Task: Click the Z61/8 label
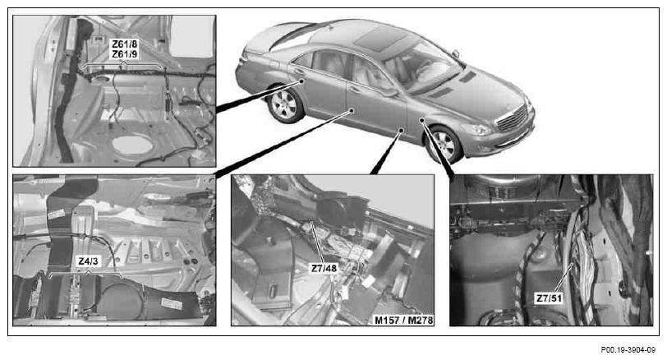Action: [124, 44]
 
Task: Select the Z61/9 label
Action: [124, 54]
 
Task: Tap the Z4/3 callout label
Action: [88, 261]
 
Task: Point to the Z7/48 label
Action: [324, 269]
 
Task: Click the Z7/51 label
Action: [549, 298]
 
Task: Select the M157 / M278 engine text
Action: [403, 320]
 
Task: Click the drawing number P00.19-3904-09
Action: [628, 350]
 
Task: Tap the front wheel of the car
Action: [444, 145]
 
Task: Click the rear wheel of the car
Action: [284, 105]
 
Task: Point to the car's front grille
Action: [513, 117]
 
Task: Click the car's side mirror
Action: [456, 54]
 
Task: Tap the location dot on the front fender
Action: [421, 120]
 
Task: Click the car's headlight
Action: [476, 129]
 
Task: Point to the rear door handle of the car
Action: [299, 71]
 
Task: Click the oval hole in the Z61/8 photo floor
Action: [132, 145]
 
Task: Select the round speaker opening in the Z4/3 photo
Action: [120, 301]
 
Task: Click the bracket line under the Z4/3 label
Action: [87, 274]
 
